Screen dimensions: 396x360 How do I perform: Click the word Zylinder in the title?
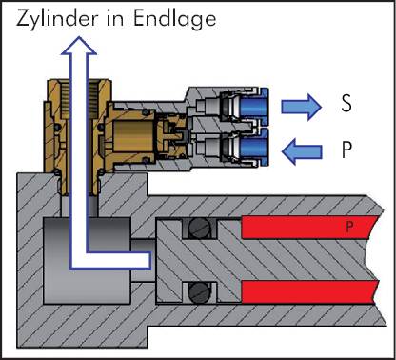[57, 19]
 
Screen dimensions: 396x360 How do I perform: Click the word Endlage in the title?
[174, 19]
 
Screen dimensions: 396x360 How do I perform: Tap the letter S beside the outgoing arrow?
[346, 103]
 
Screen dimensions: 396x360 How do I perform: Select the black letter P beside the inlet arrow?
[346, 150]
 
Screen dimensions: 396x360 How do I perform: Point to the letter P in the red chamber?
[349, 227]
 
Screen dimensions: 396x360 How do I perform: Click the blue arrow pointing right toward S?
[301, 107]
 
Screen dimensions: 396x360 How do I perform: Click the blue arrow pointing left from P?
[302, 151]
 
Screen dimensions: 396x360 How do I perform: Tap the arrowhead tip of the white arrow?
[78, 37]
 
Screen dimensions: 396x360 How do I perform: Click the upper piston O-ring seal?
[199, 229]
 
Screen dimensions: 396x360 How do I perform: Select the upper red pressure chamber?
[309, 228]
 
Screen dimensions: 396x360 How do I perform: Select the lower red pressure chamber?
[309, 292]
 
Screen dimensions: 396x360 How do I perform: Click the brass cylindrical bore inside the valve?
[133, 136]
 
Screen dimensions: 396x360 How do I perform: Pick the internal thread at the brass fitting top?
[79, 97]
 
